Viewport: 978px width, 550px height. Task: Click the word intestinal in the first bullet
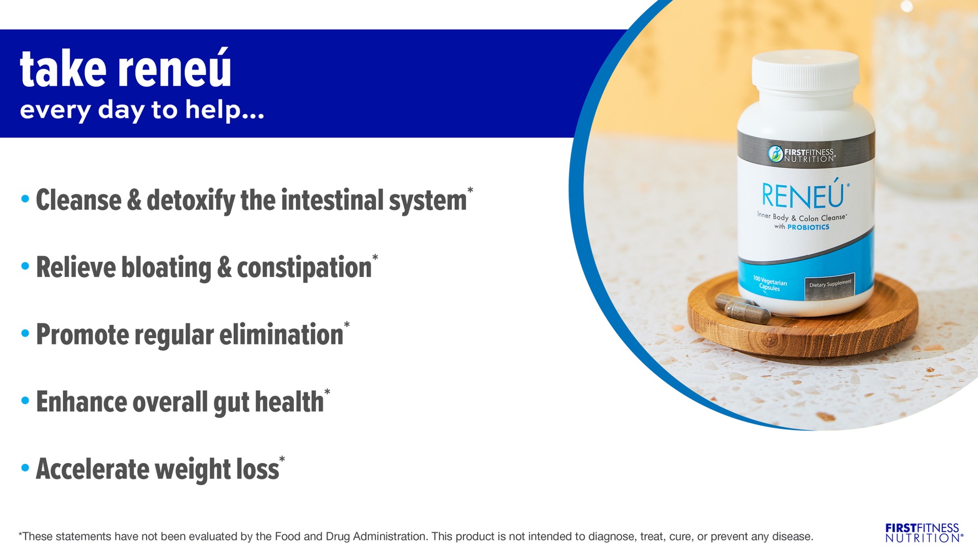pos(332,200)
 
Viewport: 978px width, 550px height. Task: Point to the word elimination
pos(281,335)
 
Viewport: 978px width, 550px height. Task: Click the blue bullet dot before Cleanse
pos(25,199)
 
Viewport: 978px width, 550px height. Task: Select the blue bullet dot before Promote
pos(25,334)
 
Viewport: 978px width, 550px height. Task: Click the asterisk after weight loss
pos(282,459)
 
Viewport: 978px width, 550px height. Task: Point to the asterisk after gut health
pos(327,392)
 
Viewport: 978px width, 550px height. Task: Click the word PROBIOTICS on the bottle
pos(808,227)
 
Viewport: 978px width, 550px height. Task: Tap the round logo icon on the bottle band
pos(775,154)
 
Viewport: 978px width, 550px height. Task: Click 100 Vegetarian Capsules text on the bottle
pos(770,283)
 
